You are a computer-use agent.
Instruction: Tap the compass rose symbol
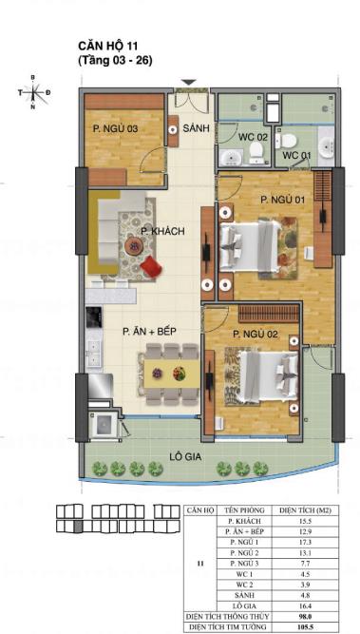(33, 92)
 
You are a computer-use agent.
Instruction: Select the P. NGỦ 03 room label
(114, 126)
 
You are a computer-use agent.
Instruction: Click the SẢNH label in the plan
(196, 126)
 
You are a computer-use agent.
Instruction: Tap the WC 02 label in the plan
(251, 137)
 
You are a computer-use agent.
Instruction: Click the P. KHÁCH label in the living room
(161, 231)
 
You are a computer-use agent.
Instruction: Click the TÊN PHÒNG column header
(244, 511)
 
